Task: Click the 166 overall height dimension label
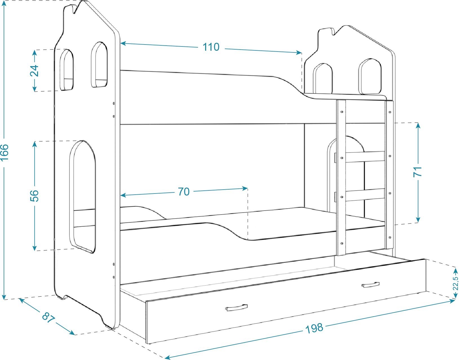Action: click(x=5, y=153)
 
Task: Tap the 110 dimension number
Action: click(x=211, y=47)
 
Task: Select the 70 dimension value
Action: click(x=184, y=192)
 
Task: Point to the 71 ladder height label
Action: click(x=417, y=172)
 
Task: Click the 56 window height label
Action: click(x=34, y=196)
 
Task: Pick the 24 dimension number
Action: click(x=34, y=70)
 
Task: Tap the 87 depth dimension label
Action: click(x=48, y=317)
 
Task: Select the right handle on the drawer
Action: click(x=370, y=285)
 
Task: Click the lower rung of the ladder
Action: click(x=365, y=195)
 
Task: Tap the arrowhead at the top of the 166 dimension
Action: click(x=4, y=4)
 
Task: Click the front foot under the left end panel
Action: click(x=112, y=328)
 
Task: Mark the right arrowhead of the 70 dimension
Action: click(x=245, y=188)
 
